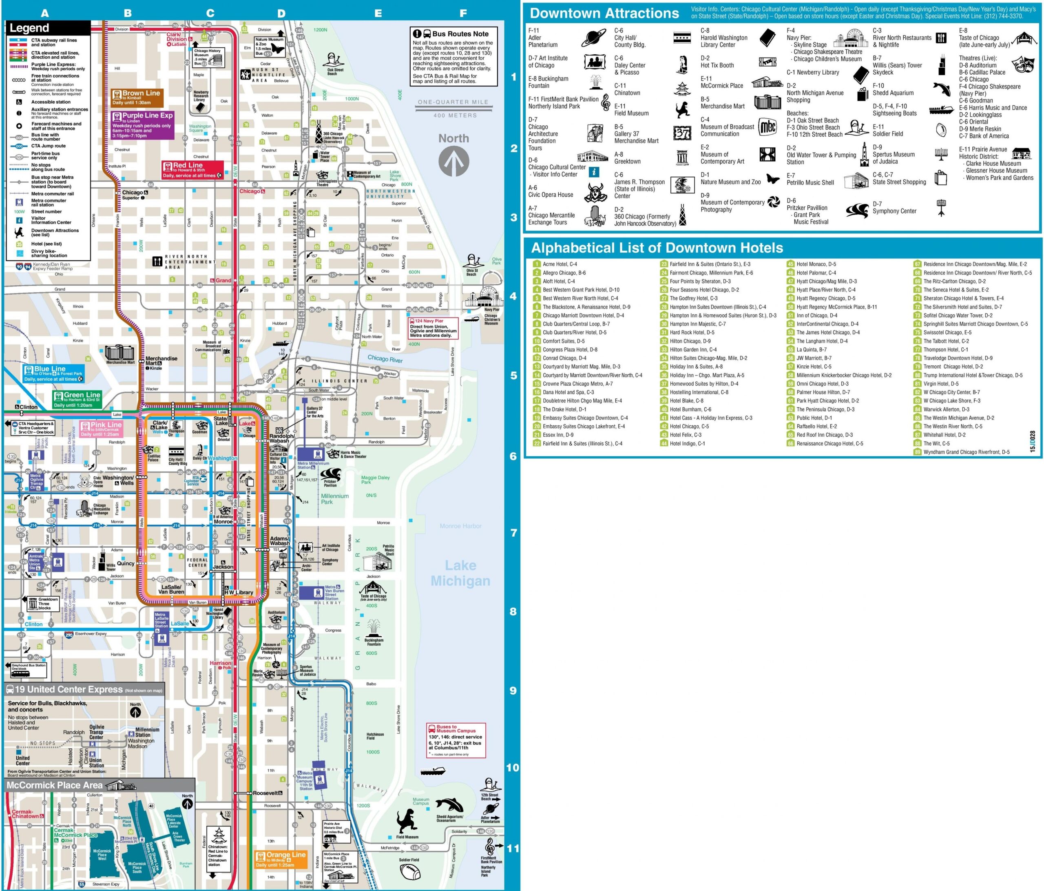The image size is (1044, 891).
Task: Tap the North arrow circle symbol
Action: pos(453,161)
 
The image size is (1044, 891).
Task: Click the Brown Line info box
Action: pos(137,97)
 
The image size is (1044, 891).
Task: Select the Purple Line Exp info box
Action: pos(143,125)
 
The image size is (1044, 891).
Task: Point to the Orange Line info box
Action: pos(281,859)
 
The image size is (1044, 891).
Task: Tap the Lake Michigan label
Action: pos(460,573)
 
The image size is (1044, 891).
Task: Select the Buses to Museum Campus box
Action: pos(456,740)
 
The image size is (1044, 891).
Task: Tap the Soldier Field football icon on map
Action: pos(409,871)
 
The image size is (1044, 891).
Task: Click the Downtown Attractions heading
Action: pos(604,13)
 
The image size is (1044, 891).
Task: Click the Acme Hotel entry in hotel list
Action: pos(559,264)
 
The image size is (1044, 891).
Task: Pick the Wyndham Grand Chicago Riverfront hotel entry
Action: pos(966,452)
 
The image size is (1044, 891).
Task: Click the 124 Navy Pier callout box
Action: pos(434,328)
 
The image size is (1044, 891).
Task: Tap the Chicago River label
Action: pos(385,358)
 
